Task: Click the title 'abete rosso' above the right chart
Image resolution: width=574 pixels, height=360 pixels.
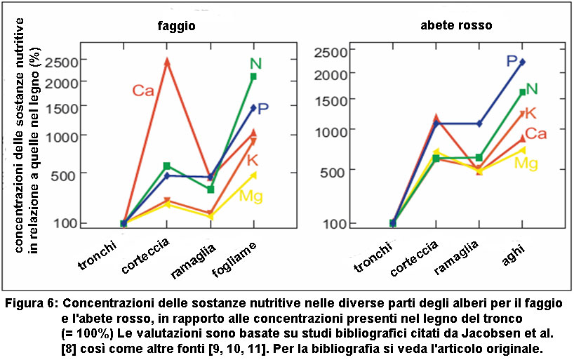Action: (455, 25)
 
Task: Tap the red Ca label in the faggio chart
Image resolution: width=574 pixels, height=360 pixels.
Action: (142, 91)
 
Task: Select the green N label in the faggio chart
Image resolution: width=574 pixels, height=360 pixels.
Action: (255, 64)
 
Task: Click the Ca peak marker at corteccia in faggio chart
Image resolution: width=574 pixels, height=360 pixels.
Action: (167, 62)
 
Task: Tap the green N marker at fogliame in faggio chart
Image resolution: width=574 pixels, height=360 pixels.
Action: (253, 76)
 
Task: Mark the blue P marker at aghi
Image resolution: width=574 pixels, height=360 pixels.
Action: (522, 62)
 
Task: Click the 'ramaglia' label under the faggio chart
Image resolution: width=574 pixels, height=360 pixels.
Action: (191, 258)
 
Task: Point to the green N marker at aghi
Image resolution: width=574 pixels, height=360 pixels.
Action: (522, 92)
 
